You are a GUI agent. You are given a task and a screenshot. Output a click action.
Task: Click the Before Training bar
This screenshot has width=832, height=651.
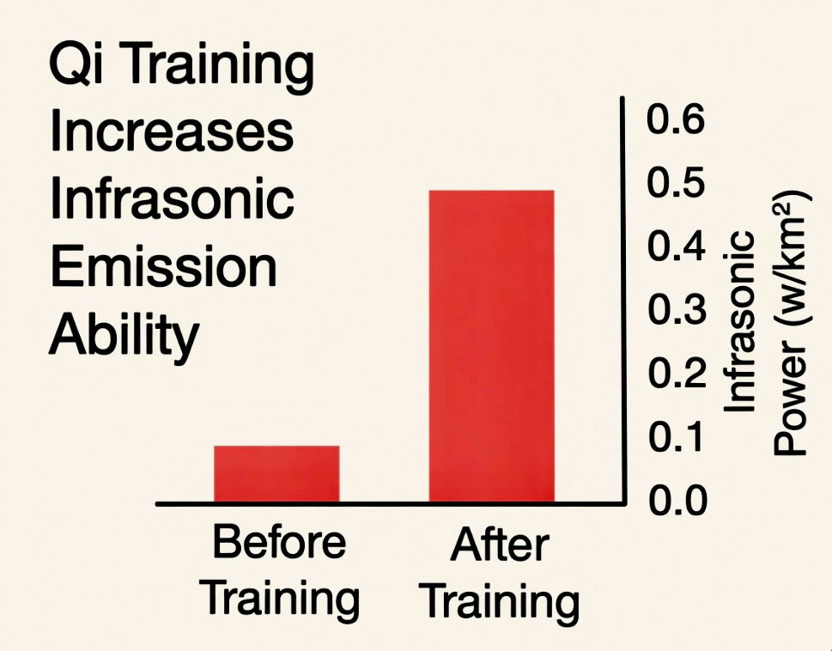coord(276,473)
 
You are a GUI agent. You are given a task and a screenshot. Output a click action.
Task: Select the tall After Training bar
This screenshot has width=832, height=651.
coord(491,345)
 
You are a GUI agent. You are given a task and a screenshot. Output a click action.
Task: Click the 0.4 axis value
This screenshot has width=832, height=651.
coord(675,246)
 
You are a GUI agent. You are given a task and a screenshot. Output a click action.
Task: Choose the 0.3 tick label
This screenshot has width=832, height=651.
coord(675,310)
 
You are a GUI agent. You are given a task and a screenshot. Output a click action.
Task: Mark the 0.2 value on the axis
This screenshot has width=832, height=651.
coord(675,374)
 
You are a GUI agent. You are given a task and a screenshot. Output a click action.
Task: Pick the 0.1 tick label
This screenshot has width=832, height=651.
coord(675,436)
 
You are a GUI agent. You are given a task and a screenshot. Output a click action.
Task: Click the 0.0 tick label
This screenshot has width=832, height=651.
coord(675,499)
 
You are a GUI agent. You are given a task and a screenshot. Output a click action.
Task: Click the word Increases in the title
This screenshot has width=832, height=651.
coord(172,133)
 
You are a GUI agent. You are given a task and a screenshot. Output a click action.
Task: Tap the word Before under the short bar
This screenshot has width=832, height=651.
coord(279,544)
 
